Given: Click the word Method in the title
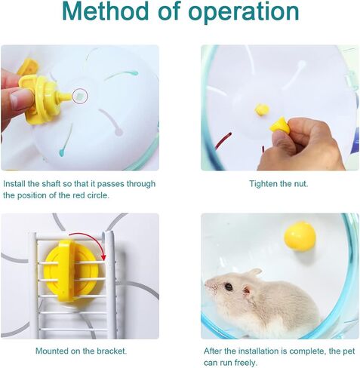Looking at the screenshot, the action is coord(105,11).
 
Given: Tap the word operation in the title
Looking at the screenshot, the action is coord(244,13).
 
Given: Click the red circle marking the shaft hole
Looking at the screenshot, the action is coord(80,96).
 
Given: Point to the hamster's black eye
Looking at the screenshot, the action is coord(229,287).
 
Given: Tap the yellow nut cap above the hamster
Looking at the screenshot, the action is coord(300,236).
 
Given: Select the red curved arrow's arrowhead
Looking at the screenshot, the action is coord(103,257).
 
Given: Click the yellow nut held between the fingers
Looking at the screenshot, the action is coord(279,125).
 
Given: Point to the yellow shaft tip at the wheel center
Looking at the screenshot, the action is coord(262,109).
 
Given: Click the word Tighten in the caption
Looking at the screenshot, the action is coord(263,184).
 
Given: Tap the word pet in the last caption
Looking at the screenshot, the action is coord(349,351).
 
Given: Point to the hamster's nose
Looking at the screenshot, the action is coord(207,284).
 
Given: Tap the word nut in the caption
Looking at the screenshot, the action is coord(301,184).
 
